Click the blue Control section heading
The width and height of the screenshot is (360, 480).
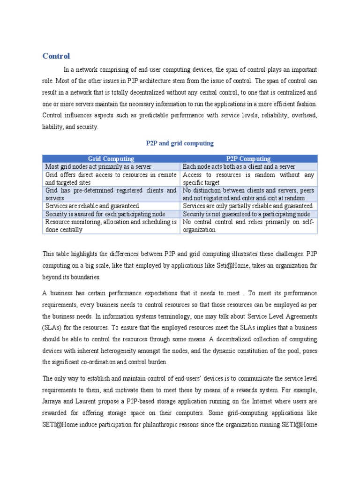coord(56,56)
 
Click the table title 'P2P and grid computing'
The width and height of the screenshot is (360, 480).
coord(180,143)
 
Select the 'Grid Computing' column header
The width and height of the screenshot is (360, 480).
coord(111,159)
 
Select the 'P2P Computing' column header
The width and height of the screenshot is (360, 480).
coord(248,159)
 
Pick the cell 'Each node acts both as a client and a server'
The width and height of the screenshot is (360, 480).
coord(239,167)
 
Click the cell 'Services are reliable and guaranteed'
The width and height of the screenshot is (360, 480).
coord(92,206)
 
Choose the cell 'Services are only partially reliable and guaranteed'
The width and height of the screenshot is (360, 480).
coord(247,206)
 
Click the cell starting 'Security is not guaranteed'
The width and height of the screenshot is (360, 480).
coord(247,214)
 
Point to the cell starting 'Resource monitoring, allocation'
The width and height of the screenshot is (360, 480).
coord(111,225)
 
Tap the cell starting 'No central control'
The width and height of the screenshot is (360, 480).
coord(248,225)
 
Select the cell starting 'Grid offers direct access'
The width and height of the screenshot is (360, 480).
coord(111,179)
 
